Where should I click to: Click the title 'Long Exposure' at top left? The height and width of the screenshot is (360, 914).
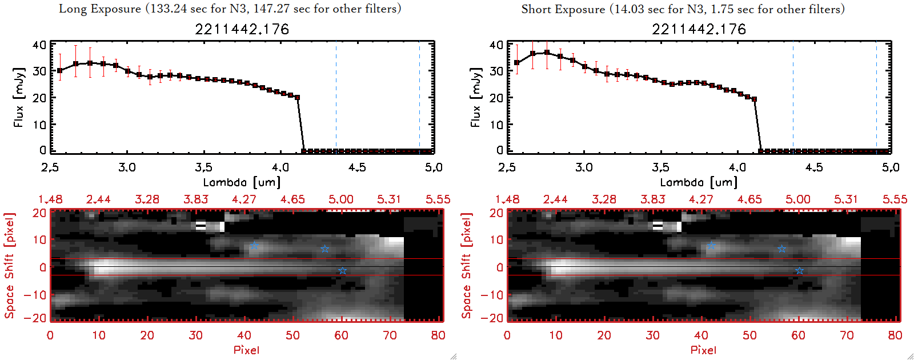(x=100, y=9)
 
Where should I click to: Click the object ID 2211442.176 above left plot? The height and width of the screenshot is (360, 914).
(x=242, y=29)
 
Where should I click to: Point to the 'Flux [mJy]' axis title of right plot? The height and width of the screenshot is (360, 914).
(x=475, y=97)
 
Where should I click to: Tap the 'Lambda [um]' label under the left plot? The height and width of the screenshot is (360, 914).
(x=242, y=182)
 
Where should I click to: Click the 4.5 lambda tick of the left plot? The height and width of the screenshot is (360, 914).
(x=357, y=167)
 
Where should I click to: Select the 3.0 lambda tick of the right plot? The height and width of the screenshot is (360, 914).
(x=584, y=167)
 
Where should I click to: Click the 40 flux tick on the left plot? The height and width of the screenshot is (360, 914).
(x=39, y=45)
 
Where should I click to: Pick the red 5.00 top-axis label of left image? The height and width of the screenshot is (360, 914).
(x=340, y=199)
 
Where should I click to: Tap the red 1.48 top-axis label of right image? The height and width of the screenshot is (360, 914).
(x=507, y=199)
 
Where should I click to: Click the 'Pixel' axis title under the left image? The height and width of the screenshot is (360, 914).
(x=246, y=350)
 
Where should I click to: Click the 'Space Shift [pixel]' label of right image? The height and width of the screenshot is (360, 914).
(x=467, y=266)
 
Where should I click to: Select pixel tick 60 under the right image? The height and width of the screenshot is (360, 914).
(x=798, y=335)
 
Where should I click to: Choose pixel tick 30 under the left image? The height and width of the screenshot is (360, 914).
(x=195, y=335)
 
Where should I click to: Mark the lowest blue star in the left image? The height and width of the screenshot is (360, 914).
(x=342, y=271)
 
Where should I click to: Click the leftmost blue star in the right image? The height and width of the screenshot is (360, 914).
(x=711, y=246)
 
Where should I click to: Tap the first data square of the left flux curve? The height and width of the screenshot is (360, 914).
(x=59, y=71)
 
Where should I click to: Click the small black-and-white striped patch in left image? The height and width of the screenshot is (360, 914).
(x=201, y=226)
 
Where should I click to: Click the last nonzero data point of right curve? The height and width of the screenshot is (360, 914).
(x=754, y=99)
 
